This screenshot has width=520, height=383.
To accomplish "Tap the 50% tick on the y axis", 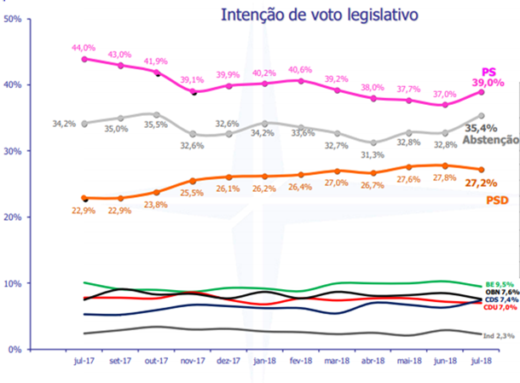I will tap(12, 18).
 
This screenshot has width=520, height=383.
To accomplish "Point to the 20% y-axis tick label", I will tap(12, 217).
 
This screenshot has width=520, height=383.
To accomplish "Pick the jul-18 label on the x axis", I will tap(481, 361).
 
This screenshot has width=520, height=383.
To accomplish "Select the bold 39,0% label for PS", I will tap(488, 82).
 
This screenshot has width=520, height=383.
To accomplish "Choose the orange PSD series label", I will tap(499, 200).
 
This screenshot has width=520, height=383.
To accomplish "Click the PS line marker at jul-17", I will tap(84, 59).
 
